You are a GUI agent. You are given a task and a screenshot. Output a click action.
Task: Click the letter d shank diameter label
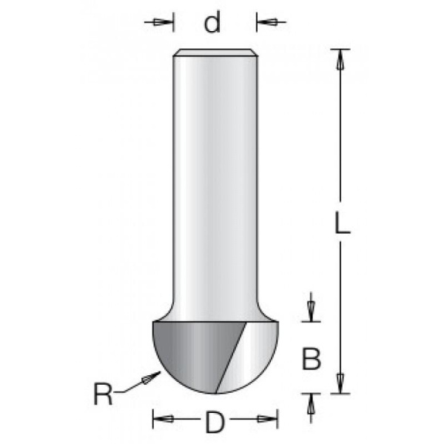click(x=212, y=22)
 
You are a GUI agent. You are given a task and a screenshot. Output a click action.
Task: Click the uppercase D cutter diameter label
click(x=215, y=423)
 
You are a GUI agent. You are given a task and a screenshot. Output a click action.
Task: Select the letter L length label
click(x=343, y=223)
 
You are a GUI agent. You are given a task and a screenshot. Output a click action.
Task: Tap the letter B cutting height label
click(x=312, y=359)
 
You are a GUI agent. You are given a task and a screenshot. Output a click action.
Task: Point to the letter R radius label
click(x=103, y=394)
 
